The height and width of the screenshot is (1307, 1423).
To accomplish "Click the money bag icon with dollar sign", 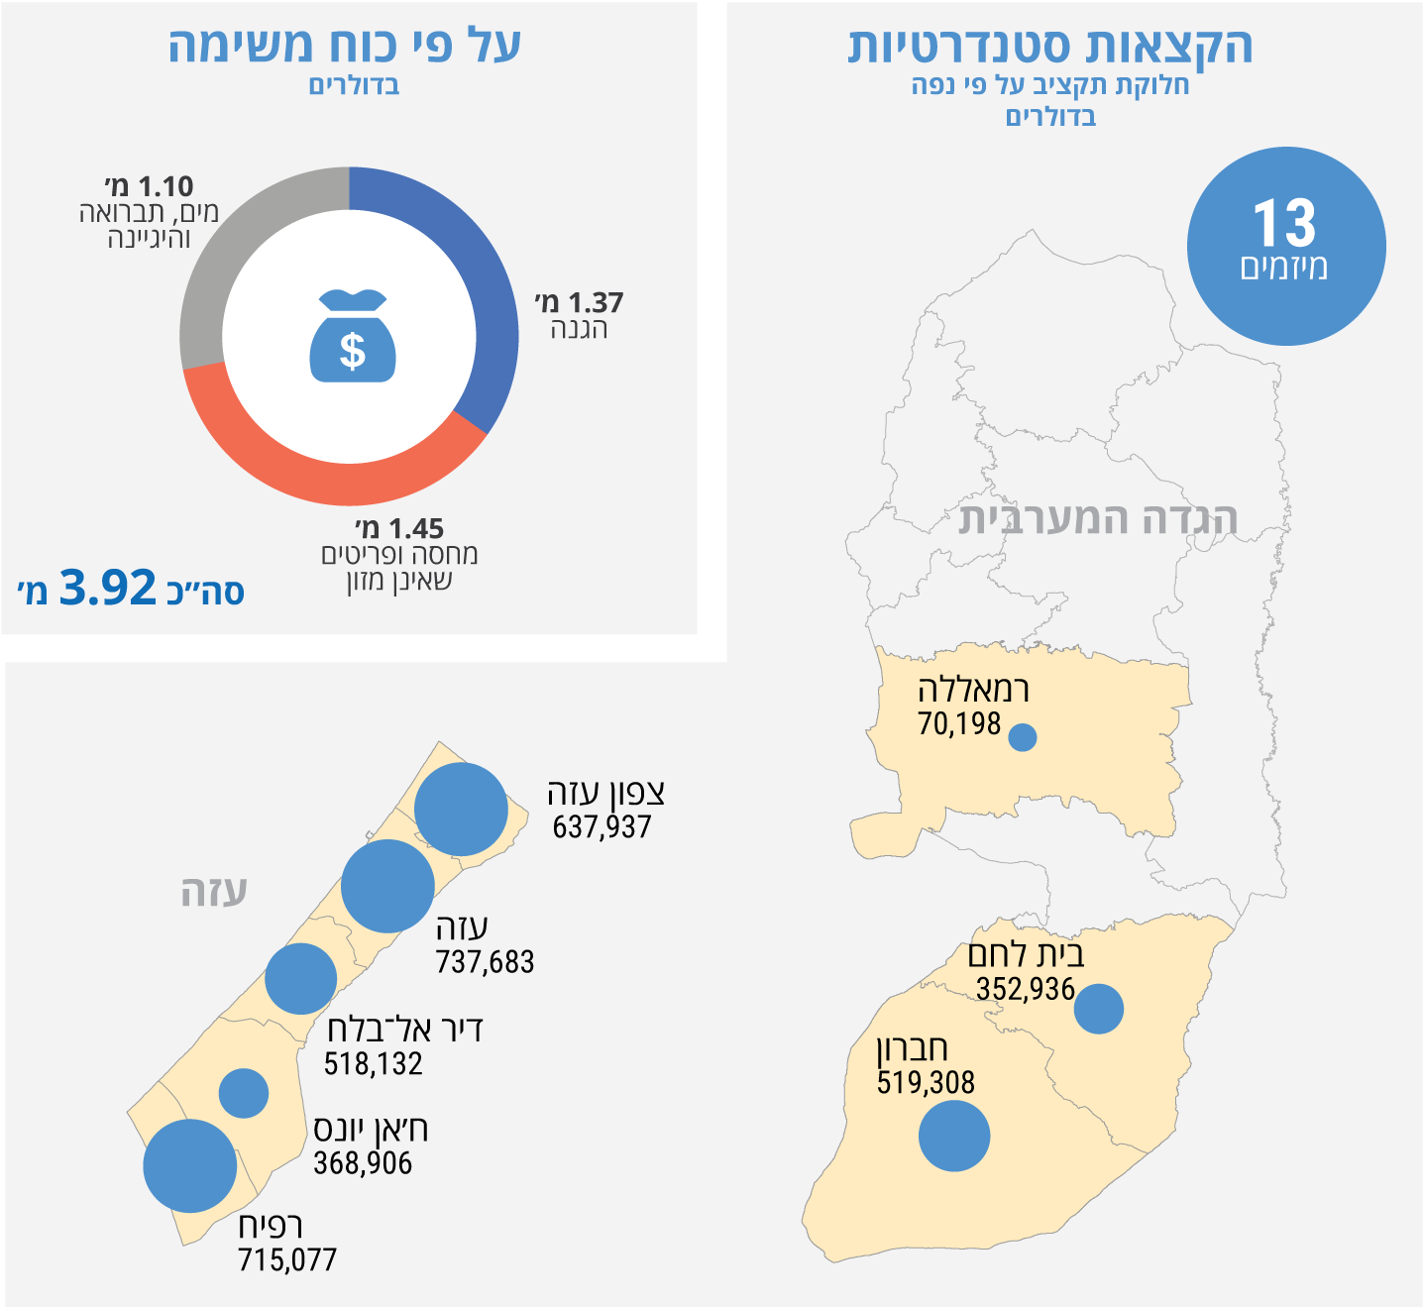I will point(353,336).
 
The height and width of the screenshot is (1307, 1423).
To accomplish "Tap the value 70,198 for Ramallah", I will point(959,724).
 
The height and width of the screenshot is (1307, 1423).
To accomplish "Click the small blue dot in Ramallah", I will point(1023,737).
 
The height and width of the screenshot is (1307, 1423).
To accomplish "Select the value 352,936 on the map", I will point(1025,989).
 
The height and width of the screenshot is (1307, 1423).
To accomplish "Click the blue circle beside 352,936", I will point(1099,1009).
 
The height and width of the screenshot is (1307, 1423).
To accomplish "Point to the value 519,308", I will point(926,1082).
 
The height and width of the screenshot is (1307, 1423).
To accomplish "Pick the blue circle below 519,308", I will point(954,1136).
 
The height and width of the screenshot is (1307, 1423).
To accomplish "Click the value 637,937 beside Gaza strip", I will point(602,827).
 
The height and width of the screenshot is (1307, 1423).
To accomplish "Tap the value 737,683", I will point(485,962).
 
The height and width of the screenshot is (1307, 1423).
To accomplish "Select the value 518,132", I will point(373,1064).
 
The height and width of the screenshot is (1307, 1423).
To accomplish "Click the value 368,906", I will point(363,1163).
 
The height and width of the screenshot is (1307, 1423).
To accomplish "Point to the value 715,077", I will point(287,1260).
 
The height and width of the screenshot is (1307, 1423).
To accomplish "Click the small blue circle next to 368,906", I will point(244,1094).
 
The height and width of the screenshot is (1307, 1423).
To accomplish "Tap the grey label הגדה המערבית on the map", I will point(1098,518).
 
